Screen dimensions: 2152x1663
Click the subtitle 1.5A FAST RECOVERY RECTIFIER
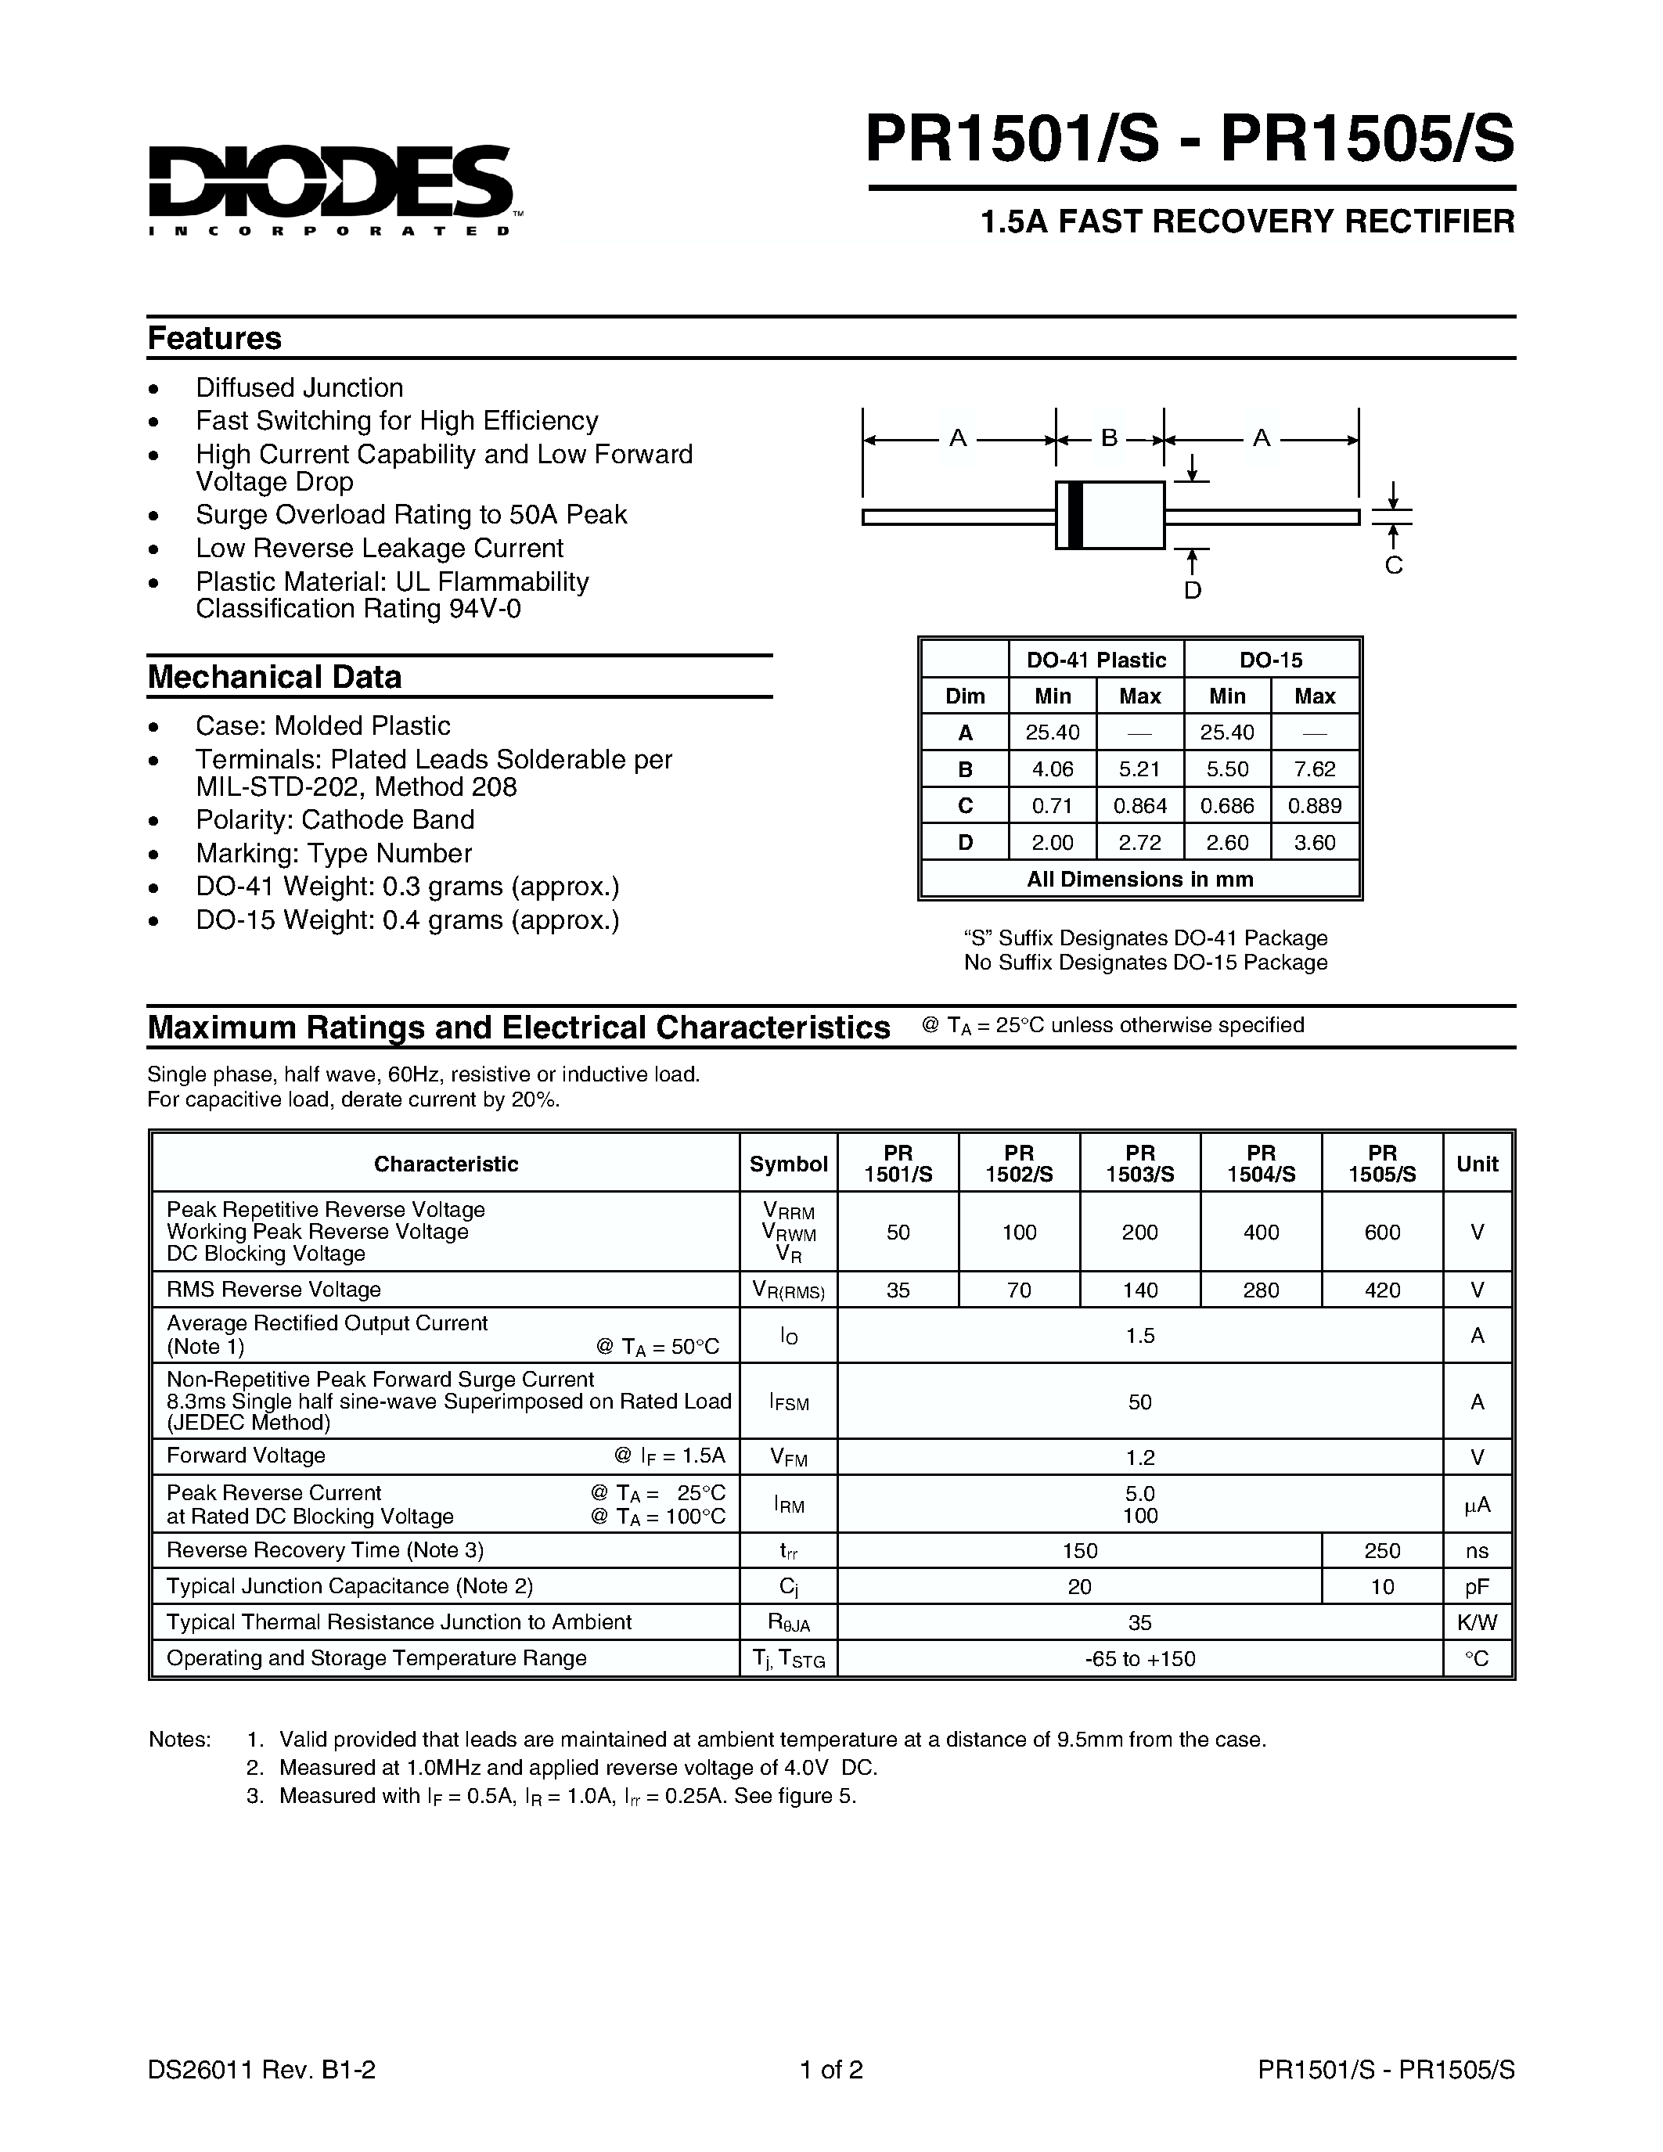point(1247,221)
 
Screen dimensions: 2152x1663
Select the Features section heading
point(214,338)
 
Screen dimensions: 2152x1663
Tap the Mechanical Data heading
point(275,677)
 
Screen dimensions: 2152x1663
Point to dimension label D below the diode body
point(1192,590)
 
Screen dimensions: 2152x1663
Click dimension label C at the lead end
point(1393,566)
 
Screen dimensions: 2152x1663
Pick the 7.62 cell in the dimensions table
point(1314,768)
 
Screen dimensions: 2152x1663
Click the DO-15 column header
point(1271,660)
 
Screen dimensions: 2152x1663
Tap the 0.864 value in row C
point(1140,806)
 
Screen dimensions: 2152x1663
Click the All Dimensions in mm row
point(1140,879)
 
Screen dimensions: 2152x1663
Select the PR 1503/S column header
point(1140,1164)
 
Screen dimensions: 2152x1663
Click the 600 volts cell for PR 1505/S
point(1382,1232)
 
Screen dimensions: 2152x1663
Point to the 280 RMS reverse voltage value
point(1261,1290)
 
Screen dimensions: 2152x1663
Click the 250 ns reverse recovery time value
point(1382,1550)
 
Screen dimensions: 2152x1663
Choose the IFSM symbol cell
point(789,1402)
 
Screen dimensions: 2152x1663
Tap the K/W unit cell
point(1477,1622)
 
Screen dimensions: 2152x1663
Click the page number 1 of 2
point(831,2069)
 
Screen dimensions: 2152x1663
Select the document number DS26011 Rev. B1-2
point(262,2069)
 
